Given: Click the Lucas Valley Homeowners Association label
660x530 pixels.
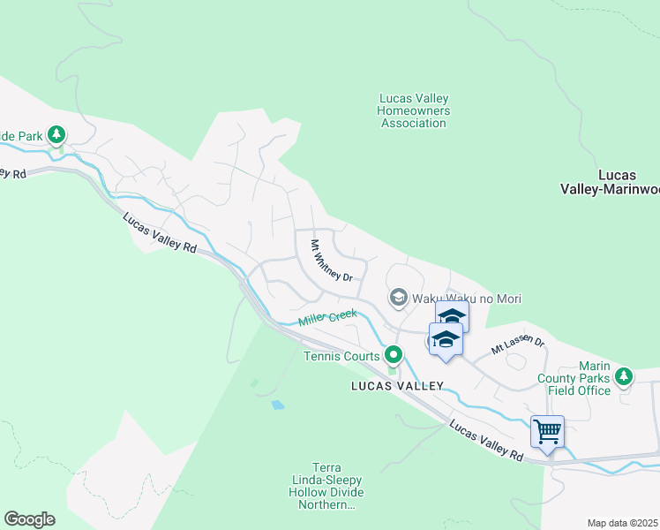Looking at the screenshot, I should [413, 110].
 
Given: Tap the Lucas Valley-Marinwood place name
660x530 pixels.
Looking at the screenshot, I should [610, 181].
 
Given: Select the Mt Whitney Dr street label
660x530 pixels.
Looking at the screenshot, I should [331, 261].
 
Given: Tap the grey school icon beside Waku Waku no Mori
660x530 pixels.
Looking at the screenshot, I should [398, 299].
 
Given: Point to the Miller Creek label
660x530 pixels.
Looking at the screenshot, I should [327, 318].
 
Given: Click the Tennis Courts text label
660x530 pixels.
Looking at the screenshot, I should [341, 356].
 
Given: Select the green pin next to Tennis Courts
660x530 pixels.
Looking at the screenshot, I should [394, 355].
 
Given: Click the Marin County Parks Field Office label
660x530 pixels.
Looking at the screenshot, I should [581, 378].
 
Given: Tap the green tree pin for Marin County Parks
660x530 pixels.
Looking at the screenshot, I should [624, 376].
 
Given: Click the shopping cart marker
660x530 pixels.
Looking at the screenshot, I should [548, 433].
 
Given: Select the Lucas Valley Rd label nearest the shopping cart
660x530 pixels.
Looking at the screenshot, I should [485, 439].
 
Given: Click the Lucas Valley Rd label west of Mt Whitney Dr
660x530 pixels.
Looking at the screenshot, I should [159, 233].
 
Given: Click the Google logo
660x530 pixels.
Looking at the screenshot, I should [29, 519].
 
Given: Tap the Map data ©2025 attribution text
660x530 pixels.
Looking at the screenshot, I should [622, 523].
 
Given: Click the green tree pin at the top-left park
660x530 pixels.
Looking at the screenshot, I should [57, 135].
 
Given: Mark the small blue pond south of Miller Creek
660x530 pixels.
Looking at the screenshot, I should [278, 405].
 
